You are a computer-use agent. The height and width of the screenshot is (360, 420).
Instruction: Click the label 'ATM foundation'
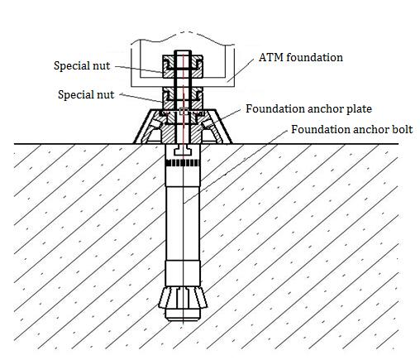tap(301, 57)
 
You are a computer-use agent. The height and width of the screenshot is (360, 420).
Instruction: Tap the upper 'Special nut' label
tap(82, 66)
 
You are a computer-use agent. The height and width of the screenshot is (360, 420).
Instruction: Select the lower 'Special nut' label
tap(86, 94)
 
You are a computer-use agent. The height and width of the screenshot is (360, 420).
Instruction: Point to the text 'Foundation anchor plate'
tap(308, 109)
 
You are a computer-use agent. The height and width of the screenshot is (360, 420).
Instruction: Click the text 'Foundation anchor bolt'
tap(352, 129)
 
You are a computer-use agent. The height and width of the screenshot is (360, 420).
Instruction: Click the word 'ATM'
tap(271, 57)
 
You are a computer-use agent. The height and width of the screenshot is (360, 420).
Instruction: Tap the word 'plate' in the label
tap(359, 109)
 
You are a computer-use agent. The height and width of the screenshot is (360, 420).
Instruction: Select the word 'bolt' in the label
tap(403, 129)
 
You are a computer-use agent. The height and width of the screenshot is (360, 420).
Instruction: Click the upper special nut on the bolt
tap(183, 66)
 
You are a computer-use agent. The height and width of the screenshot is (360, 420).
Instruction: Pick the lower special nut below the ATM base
tap(183, 98)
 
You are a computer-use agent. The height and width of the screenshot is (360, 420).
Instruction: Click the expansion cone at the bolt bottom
tap(183, 297)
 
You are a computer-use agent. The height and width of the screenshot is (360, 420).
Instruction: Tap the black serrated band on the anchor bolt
tap(183, 163)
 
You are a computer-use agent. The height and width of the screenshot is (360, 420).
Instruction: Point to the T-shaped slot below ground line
tap(183, 151)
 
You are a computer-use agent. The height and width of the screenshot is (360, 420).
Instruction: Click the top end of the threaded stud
tap(183, 51)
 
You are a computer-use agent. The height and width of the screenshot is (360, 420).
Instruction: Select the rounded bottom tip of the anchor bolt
tap(183, 314)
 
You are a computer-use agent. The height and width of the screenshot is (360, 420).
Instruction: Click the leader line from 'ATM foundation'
tap(240, 70)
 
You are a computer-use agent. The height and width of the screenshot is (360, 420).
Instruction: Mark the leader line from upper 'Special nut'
tap(139, 70)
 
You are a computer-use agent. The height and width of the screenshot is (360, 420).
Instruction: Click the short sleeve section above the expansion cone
tap(183, 273)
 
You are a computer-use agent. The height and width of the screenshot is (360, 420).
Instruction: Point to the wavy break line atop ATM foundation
tap(183, 36)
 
